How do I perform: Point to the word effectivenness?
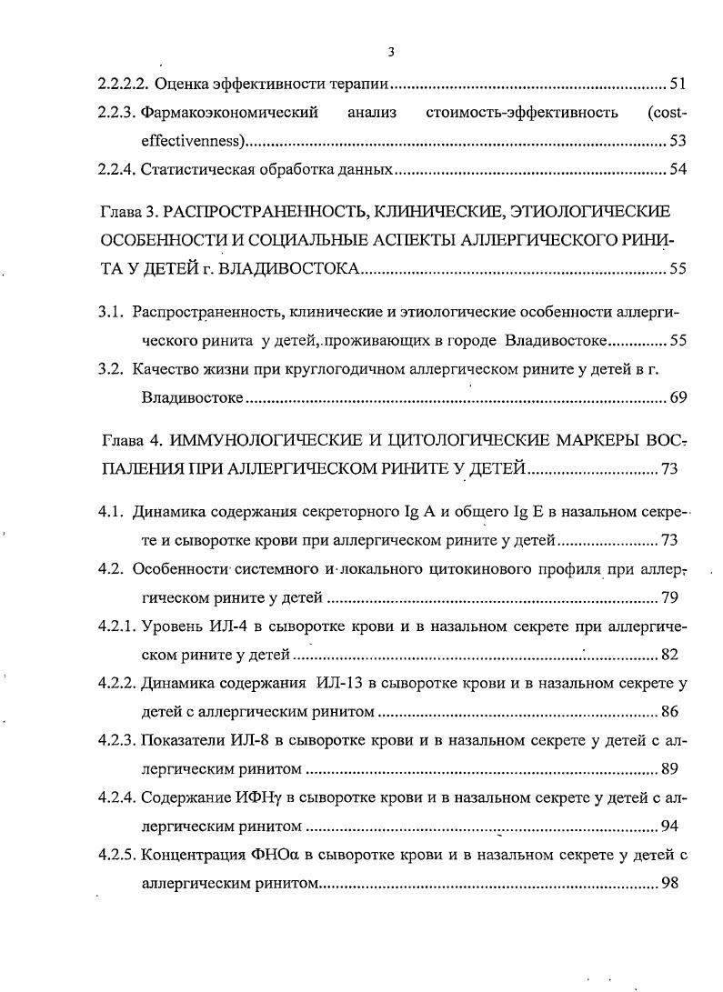click(x=192, y=142)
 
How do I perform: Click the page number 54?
click(x=677, y=170)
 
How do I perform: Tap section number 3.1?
click(x=110, y=312)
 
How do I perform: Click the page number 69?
click(x=677, y=397)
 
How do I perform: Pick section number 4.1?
click(x=110, y=511)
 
